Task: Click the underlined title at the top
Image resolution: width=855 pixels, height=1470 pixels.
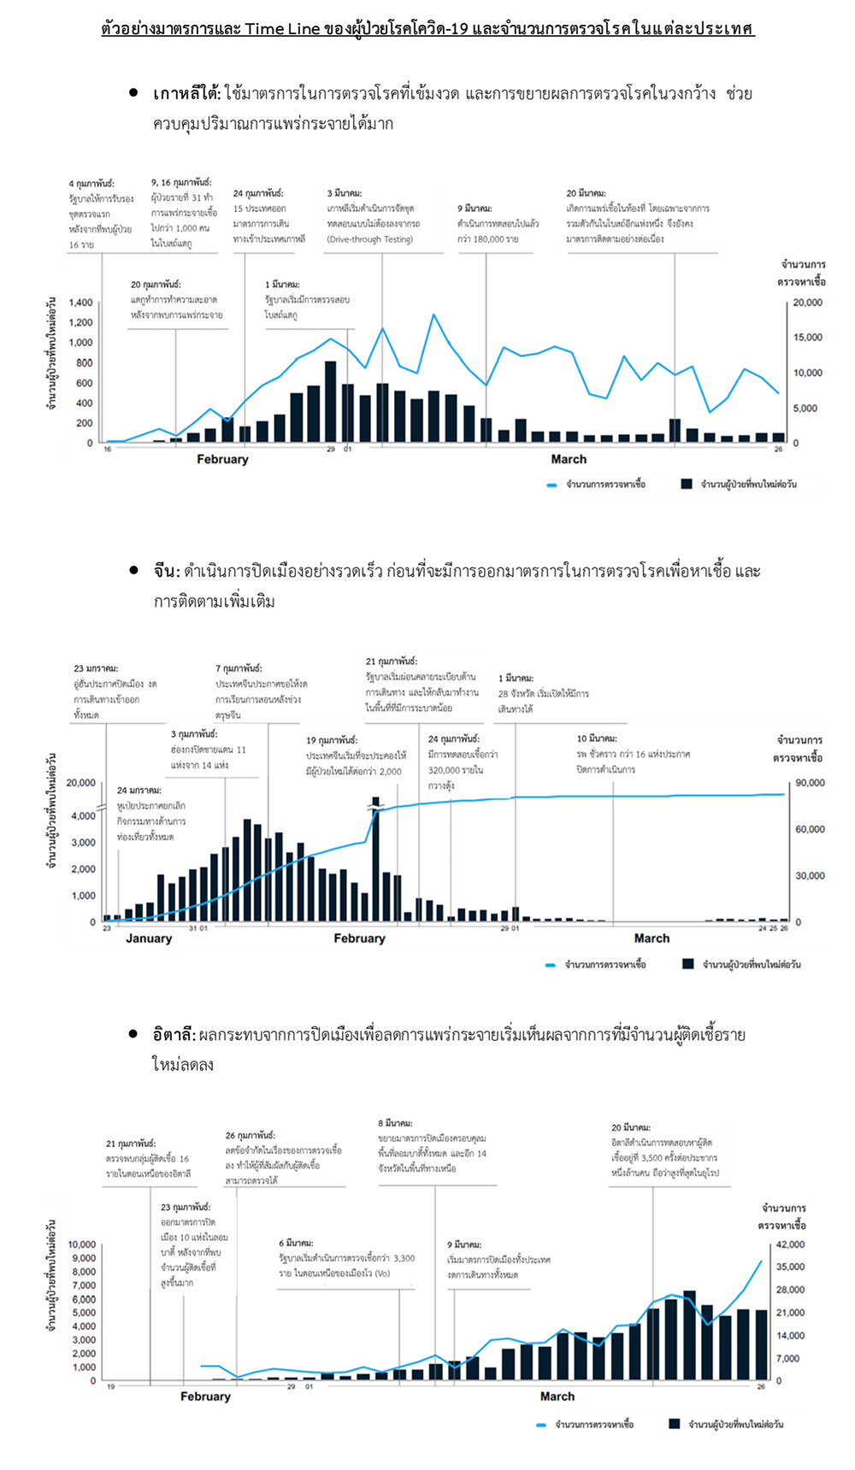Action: pyautogui.click(x=427, y=29)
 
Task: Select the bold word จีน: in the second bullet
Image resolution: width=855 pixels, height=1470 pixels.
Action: pyautogui.click(x=167, y=571)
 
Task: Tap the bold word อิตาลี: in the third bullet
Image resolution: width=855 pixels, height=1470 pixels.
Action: pyautogui.click(x=174, y=1035)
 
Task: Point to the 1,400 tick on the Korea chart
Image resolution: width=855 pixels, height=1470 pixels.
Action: pyautogui.click(x=80, y=303)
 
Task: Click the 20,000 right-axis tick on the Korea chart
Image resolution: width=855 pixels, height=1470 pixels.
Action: pyautogui.click(x=807, y=303)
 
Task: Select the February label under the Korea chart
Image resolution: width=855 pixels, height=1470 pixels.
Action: pyautogui.click(x=222, y=460)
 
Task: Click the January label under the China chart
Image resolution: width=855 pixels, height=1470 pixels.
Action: pyautogui.click(x=149, y=938)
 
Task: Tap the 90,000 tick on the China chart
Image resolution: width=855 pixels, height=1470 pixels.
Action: pyautogui.click(x=810, y=783)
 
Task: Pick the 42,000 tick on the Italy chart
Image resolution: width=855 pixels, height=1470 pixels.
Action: pyautogui.click(x=790, y=1244)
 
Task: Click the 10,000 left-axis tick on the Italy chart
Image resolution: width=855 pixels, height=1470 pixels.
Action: pyautogui.click(x=82, y=1244)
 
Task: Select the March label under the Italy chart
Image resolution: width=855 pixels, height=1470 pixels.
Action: pyautogui.click(x=557, y=1396)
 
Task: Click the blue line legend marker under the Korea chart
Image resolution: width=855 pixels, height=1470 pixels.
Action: pyautogui.click(x=551, y=485)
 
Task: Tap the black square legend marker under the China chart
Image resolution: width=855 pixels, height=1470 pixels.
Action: pyautogui.click(x=688, y=964)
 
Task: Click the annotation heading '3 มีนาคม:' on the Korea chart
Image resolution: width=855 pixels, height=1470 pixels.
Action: pyautogui.click(x=344, y=194)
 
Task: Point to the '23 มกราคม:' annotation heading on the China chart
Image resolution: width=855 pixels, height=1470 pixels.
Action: pyautogui.click(x=96, y=668)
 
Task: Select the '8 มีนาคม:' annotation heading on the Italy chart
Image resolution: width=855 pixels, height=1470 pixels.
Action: pyautogui.click(x=395, y=1123)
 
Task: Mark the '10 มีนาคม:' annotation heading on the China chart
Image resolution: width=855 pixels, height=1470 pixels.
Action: pyautogui.click(x=596, y=738)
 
